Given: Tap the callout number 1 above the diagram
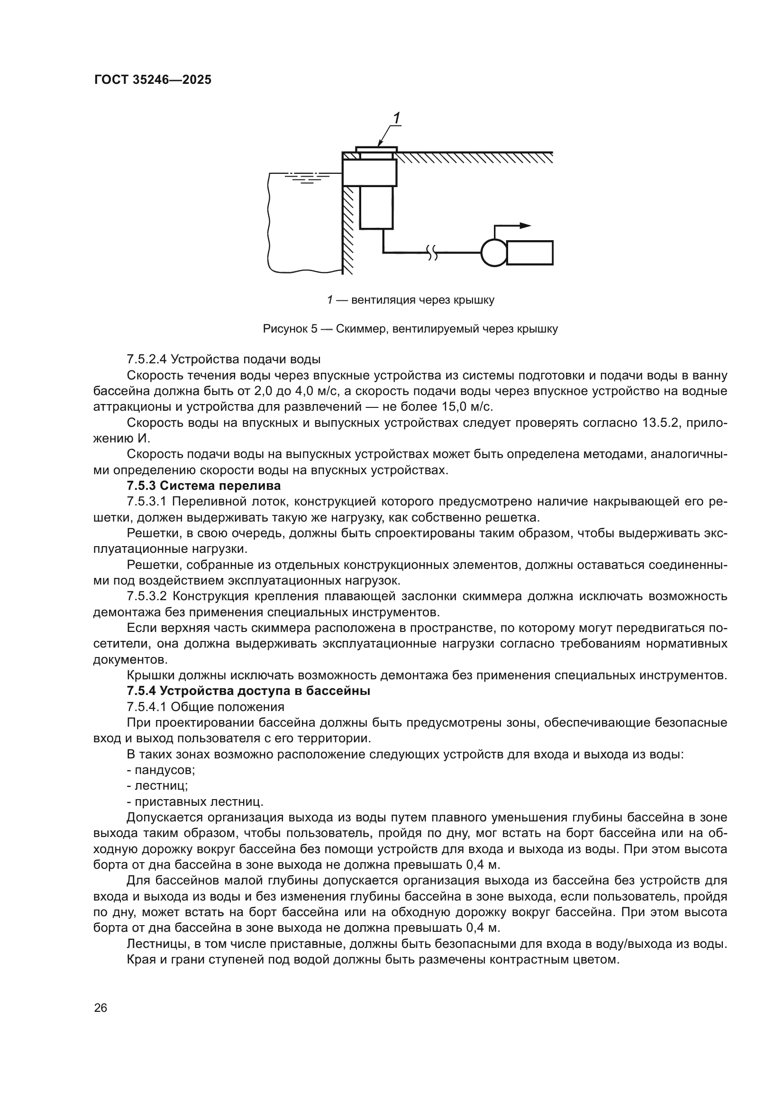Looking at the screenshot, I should (396, 118).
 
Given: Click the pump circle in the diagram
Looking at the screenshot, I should (494, 252).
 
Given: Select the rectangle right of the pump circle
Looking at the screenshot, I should (529, 252).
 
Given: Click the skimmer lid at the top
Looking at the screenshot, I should (376, 149).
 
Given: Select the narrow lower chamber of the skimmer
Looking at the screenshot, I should (376, 207).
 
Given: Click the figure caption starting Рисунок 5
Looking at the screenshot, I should (410, 329).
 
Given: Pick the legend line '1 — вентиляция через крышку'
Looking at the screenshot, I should (410, 300).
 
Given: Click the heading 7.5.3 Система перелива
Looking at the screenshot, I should (204, 486).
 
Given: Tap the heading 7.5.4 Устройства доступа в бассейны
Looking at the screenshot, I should (248, 691).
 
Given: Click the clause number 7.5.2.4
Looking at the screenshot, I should (147, 359).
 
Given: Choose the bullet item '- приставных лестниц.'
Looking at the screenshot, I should (195, 802).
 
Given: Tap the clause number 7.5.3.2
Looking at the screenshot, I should (147, 596).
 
